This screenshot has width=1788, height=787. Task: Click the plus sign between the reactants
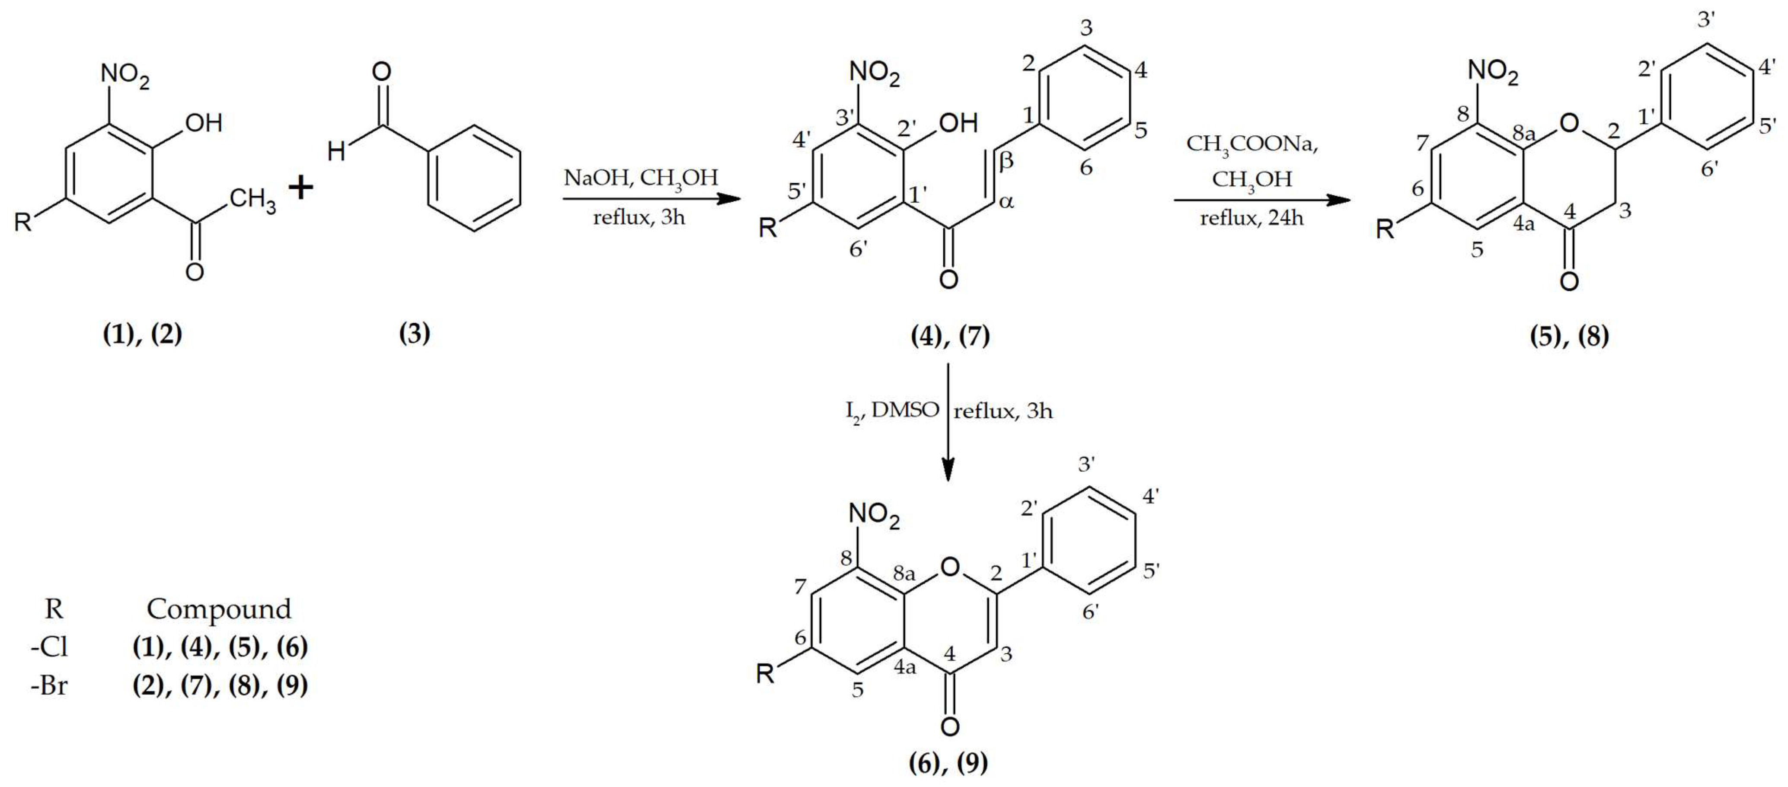point(300,188)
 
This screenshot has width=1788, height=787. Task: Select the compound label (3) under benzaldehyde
point(415,334)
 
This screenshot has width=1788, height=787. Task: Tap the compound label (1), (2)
point(142,334)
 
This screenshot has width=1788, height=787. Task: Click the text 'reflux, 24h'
point(1252,219)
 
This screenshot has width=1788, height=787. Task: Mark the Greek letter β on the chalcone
point(1006,161)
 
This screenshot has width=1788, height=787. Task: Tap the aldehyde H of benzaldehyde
point(336,150)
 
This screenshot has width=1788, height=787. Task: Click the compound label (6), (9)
point(948,763)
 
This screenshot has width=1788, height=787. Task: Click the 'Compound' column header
point(219,609)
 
